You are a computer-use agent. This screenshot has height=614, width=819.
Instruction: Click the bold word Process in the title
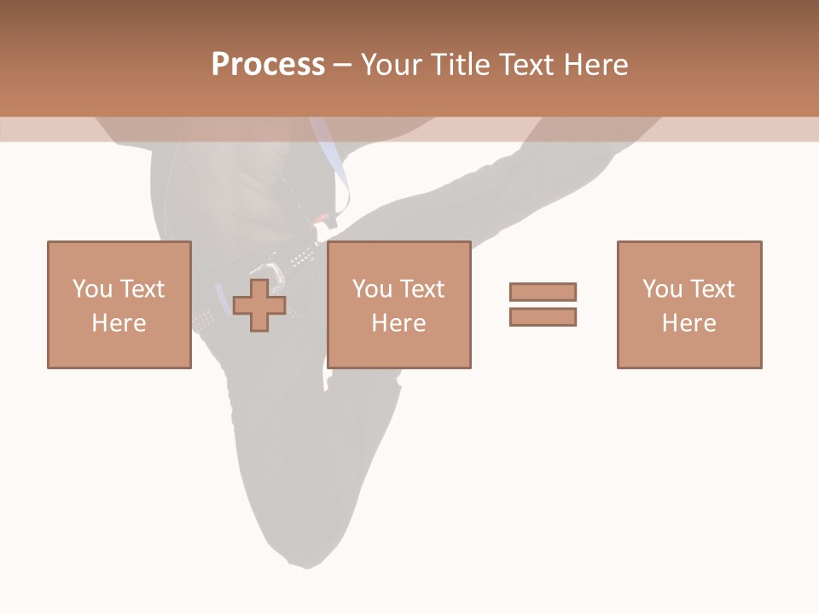pyautogui.click(x=268, y=65)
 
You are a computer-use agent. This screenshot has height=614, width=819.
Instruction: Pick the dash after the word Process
pyautogui.click(x=342, y=66)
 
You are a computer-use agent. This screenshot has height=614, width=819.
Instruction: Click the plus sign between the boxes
pyautogui.click(x=259, y=305)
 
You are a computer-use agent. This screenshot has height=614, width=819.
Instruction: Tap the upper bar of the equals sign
pyautogui.click(x=543, y=292)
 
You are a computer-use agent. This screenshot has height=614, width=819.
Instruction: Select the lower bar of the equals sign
pyautogui.click(x=543, y=316)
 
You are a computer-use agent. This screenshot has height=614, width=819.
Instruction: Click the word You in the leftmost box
pyautogui.click(x=92, y=289)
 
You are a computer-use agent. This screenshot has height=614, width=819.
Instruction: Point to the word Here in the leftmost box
pyautogui.click(x=119, y=323)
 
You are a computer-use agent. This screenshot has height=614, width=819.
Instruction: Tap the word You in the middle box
pyautogui.click(x=372, y=289)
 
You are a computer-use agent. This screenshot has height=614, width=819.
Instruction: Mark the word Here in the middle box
pyautogui.click(x=398, y=323)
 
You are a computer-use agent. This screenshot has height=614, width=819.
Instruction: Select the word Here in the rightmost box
pyautogui.click(x=688, y=323)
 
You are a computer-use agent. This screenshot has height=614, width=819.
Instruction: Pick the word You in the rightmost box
pyautogui.click(x=662, y=289)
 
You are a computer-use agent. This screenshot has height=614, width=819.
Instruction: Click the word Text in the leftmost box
pyautogui.click(x=142, y=289)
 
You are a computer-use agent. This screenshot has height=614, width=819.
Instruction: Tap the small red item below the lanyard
pyautogui.click(x=319, y=219)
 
